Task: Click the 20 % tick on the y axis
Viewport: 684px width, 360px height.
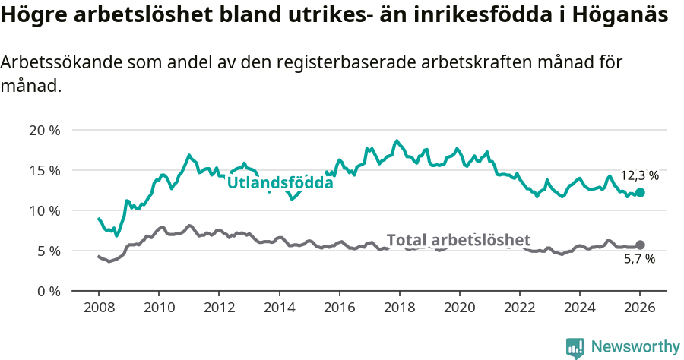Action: click(x=45, y=130)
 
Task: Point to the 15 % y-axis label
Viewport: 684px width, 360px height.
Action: click(x=45, y=170)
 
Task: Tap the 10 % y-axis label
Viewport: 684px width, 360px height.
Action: click(x=45, y=210)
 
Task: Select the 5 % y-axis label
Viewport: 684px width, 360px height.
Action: click(x=48, y=251)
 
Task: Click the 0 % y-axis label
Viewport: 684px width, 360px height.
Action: click(x=48, y=291)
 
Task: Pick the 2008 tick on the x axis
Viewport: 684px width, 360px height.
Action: click(x=99, y=309)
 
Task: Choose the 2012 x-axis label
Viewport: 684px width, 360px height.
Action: click(x=219, y=309)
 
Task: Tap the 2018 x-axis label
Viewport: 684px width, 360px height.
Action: click(x=399, y=309)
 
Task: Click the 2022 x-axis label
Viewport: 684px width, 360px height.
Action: click(x=519, y=309)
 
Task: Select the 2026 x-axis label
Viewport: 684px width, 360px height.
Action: click(x=639, y=309)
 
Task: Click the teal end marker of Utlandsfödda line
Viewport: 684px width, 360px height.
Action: click(x=640, y=193)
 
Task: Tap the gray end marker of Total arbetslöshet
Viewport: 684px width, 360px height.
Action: click(x=640, y=245)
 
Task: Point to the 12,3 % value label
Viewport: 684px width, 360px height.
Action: click(x=639, y=175)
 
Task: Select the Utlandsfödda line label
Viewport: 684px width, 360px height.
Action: click(x=280, y=183)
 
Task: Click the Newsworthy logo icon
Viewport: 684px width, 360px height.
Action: click(x=575, y=348)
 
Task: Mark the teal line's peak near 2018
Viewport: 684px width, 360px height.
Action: click(x=396, y=141)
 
